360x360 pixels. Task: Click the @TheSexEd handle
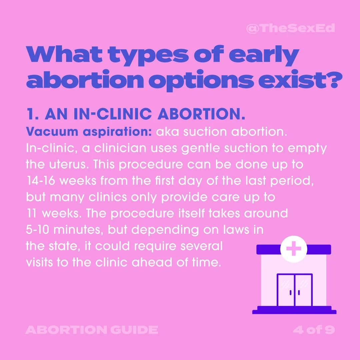[x=290, y=28]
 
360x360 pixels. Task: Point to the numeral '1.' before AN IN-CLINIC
[x=33, y=114]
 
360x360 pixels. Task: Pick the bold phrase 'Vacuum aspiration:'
[x=89, y=132]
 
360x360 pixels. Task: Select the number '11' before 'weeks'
[x=31, y=213]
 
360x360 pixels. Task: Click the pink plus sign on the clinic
[x=293, y=249]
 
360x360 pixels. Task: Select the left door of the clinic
[x=286, y=290]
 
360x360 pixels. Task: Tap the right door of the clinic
[x=303, y=290]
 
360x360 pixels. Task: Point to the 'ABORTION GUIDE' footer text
[x=92, y=330]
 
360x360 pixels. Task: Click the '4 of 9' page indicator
[x=314, y=330]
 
